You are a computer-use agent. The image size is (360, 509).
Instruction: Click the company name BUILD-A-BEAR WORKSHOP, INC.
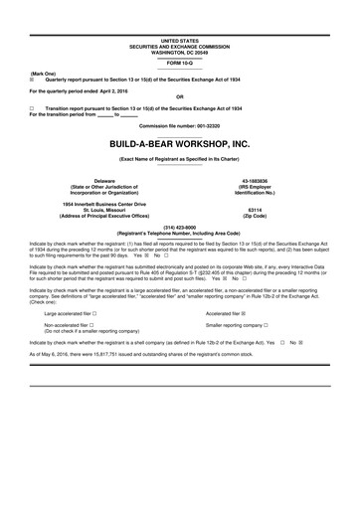(179, 144)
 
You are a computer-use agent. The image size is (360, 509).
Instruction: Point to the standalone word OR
(179, 97)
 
